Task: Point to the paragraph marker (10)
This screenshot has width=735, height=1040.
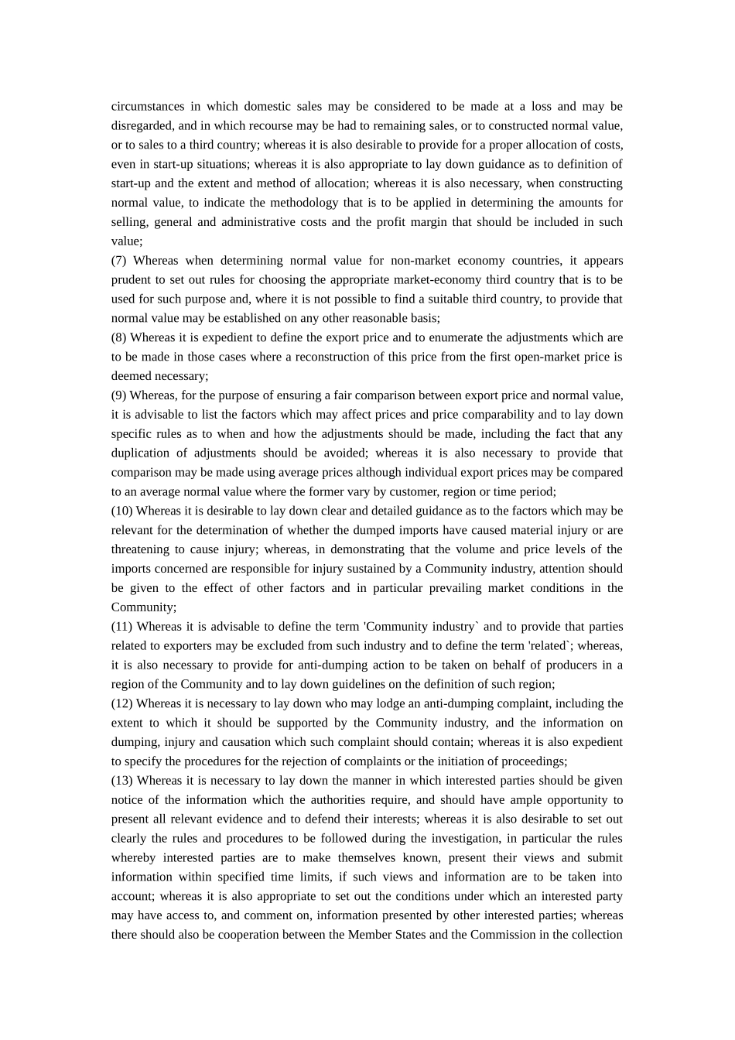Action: click(121, 511)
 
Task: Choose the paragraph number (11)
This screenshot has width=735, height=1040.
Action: click(121, 627)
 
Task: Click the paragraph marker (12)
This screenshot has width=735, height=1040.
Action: click(121, 703)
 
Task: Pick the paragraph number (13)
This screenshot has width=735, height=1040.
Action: click(121, 781)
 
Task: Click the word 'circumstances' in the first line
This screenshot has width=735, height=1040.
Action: click(148, 107)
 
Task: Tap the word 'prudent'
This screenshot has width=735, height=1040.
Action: click(132, 280)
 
